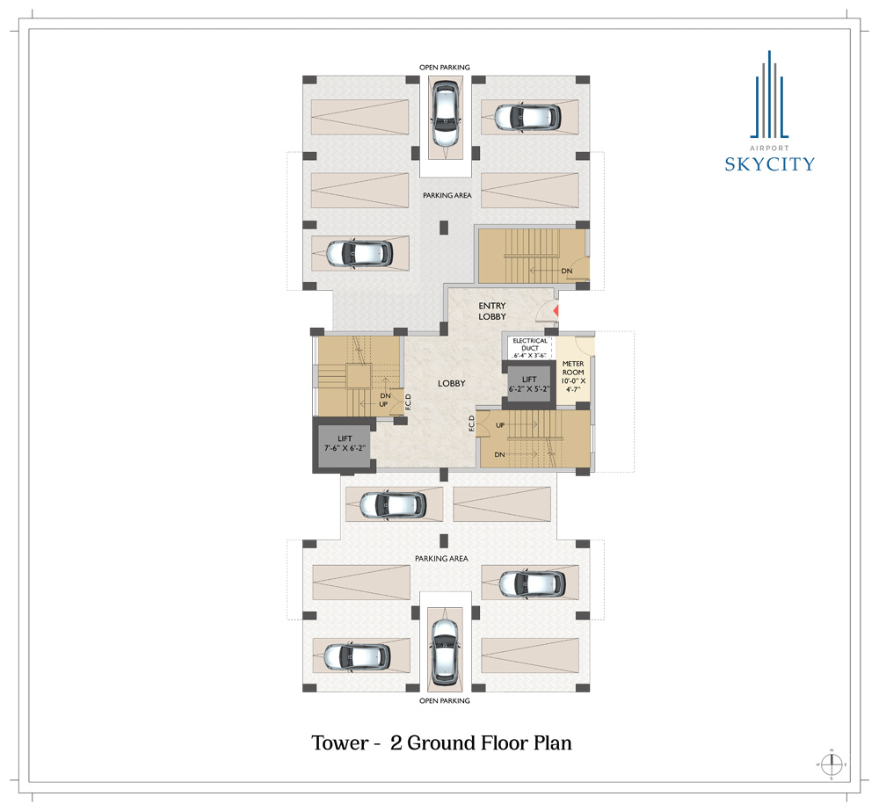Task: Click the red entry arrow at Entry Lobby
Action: [556, 311]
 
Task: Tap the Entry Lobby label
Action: [492, 311]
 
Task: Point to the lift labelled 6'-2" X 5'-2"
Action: [529, 385]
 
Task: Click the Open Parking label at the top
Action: [445, 68]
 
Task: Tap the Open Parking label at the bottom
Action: [445, 700]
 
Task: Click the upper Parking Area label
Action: [447, 196]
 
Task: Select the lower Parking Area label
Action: [442, 559]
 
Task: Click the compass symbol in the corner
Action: [832, 764]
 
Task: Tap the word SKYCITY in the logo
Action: [770, 164]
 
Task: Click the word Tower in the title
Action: [339, 743]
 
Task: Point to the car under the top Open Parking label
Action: [445, 113]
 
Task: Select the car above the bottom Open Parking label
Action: [445, 652]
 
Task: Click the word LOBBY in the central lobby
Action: [452, 384]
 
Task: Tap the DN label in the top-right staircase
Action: [567, 272]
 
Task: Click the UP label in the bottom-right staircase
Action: [500, 425]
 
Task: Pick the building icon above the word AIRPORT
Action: [769, 94]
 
